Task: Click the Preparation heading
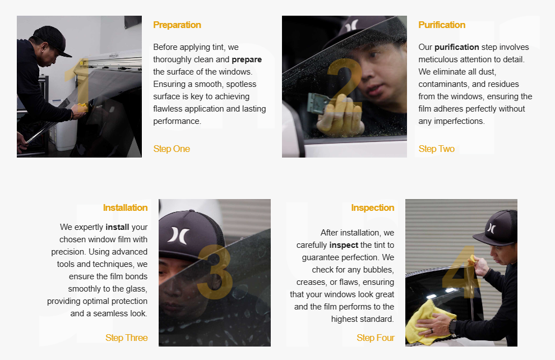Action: coord(177,25)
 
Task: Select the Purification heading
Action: coord(442,25)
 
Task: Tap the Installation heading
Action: coord(126,208)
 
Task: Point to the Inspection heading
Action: coord(372,208)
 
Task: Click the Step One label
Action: coord(172,149)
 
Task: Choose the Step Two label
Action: coord(436,149)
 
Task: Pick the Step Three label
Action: coord(126,338)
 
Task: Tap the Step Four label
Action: coord(376,338)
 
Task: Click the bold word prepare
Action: coord(247,60)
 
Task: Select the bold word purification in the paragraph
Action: coord(456,48)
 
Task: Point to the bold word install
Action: coord(117,227)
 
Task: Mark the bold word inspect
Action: coord(344,245)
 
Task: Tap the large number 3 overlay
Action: coord(215,272)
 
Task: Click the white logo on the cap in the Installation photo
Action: coord(178,236)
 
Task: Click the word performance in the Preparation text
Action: coord(177,122)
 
